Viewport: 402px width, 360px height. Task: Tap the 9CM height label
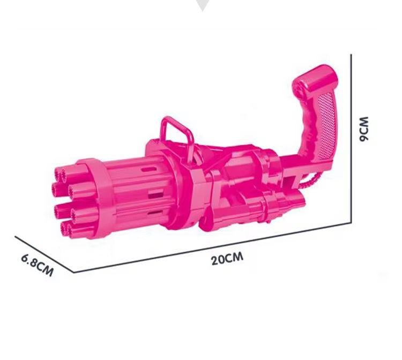coord(365,128)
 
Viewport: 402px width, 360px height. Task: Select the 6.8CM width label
coord(37,264)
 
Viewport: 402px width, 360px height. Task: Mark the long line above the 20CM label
coord(214,247)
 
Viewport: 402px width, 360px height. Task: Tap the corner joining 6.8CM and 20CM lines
coord(73,272)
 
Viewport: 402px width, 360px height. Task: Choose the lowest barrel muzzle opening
coord(67,229)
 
